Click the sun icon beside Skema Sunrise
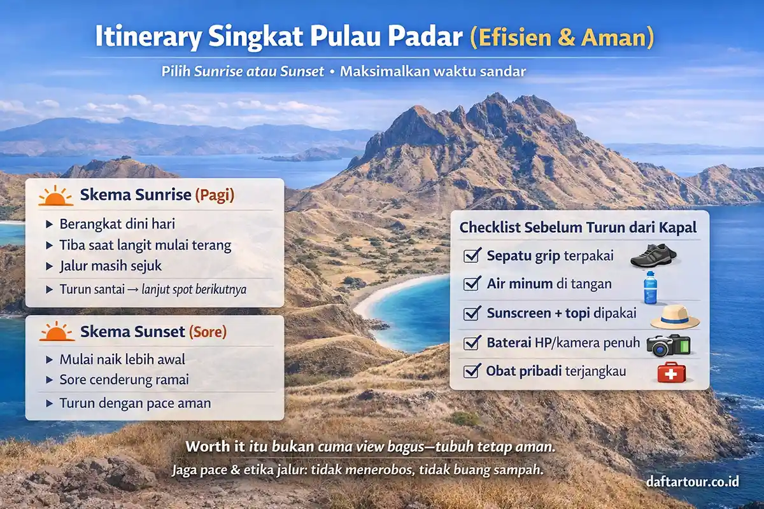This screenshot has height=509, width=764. [55, 195]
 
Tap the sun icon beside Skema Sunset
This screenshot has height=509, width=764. [55, 331]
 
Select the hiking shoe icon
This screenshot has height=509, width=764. [653, 256]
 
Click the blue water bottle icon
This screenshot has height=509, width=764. [650, 288]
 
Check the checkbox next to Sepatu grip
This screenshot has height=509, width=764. [472, 256]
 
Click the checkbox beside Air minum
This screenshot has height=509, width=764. [472, 284]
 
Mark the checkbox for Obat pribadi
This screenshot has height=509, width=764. [472, 370]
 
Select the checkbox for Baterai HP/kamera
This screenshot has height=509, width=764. [472, 342]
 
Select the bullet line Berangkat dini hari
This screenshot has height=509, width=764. [117, 224]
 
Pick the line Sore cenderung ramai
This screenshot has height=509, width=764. [124, 380]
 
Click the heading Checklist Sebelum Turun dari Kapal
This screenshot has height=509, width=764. [578, 227]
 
